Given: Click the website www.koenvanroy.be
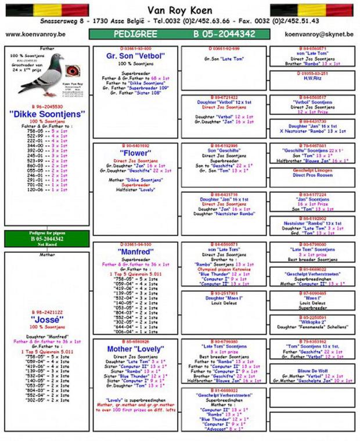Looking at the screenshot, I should coord(35,34).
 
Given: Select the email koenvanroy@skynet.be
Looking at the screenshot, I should coord(319,34).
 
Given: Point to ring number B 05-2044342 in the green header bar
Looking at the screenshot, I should coord(224,34).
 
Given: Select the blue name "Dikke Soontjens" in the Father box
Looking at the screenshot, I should coord(47,114).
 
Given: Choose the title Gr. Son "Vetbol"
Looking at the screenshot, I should coord(135,56).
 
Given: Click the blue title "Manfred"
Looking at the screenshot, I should coord(135,253).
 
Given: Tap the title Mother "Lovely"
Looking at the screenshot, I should coord(135,349).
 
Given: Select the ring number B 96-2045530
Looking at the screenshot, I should coord(47,107).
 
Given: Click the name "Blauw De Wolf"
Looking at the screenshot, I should coord(312,370).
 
